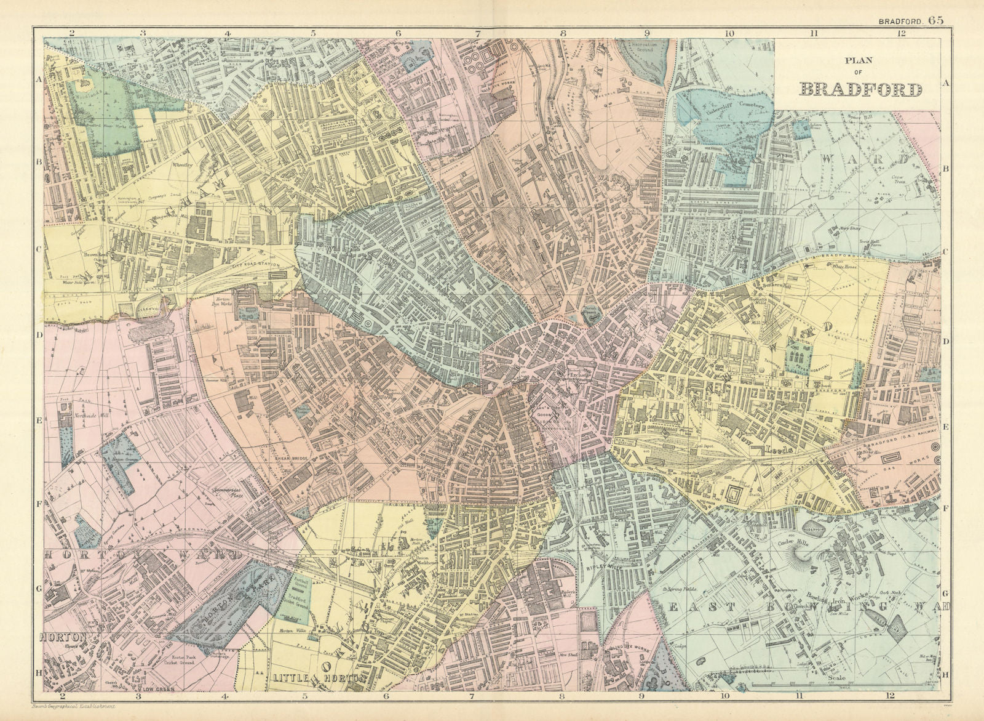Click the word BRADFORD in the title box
click(x=860, y=89)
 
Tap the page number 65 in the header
click(x=936, y=20)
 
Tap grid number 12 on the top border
click(x=901, y=34)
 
